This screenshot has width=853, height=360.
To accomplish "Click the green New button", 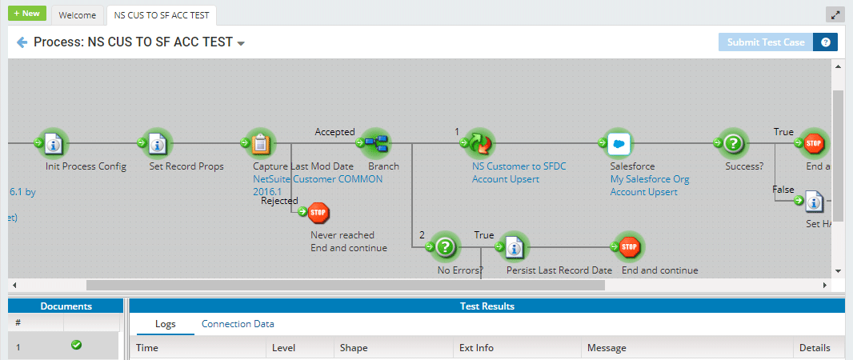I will [x=28, y=14].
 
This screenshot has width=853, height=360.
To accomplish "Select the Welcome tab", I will [x=78, y=15].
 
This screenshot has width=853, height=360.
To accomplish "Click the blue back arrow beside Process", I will [x=22, y=42].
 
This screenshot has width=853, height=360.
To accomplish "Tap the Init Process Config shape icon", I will [x=54, y=143].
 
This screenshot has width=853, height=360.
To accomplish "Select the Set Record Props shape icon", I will [x=157, y=143].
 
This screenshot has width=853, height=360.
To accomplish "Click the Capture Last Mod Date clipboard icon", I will [x=260, y=143].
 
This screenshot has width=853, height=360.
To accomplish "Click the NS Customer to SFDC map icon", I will [x=479, y=143].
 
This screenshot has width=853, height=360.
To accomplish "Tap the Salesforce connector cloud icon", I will [x=618, y=143].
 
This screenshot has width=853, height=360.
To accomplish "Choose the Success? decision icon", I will [x=733, y=143].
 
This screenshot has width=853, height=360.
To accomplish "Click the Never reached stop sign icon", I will [x=318, y=213].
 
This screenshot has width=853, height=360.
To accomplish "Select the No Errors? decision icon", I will [x=446, y=247].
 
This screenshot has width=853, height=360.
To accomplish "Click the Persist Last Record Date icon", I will [x=515, y=247].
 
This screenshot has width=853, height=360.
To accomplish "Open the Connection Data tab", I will [x=238, y=324].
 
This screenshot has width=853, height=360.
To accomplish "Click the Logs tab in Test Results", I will [x=165, y=324].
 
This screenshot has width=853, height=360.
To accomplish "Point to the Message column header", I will [x=606, y=348].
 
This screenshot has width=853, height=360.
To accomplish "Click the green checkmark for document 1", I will [x=76, y=346].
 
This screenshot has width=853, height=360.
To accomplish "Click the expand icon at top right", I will [x=835, y=14].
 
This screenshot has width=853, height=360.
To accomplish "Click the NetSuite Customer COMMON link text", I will [x=317, y=179].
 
